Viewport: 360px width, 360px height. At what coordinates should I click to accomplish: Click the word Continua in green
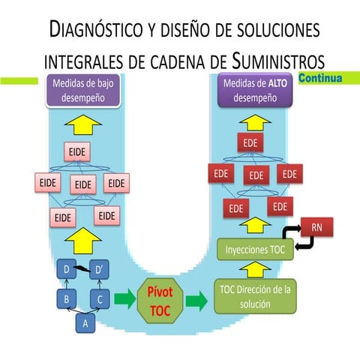(x=320, y=78)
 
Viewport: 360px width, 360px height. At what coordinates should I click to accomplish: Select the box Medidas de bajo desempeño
(x=82, y=90)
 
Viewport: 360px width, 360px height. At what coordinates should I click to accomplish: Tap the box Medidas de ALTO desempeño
(x=254, y=90)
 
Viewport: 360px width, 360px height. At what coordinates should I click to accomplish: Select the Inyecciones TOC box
(x=253, y=248)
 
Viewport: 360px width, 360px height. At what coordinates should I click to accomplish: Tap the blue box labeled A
(x=85, y=324)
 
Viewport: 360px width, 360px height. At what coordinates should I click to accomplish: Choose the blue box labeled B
(x=67, y=298)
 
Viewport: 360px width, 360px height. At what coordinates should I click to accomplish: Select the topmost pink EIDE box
(x=76, y=151)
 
